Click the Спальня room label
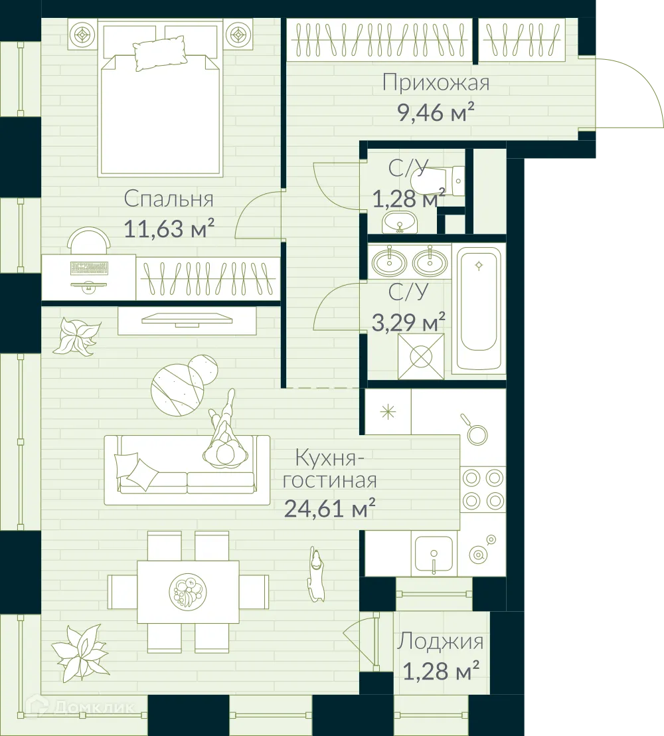point(169,199)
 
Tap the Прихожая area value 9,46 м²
point(436,113)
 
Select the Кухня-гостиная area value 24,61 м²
point(330,508)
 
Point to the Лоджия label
point(440,642)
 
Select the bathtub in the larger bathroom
point(479,309)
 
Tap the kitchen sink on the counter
point(433,554)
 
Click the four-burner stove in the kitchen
point(483,489)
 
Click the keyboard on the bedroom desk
point(88,268)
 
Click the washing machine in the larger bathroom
point(421,356)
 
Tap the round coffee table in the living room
point(176,387)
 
